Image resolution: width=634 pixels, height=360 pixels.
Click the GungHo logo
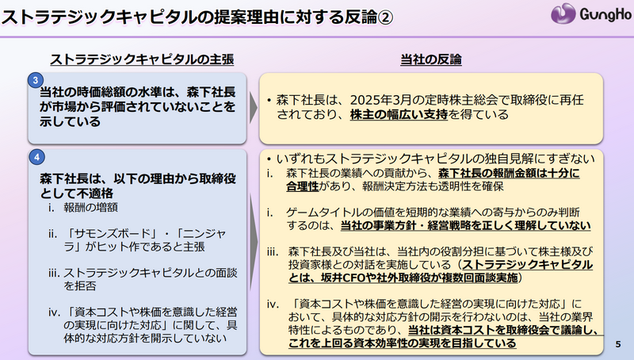pos(590,13)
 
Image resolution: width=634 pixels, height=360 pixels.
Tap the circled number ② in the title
pos(385,17)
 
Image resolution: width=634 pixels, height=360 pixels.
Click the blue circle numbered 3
pos(36,81)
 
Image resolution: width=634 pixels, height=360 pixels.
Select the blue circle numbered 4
pos(36,157)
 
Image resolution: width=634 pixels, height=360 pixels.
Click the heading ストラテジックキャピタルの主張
pos(142,59)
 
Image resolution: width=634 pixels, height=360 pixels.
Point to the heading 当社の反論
pos(431,59)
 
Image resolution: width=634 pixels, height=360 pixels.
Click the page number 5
pos(618,344)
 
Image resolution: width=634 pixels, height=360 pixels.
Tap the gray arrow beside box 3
pos(253,108)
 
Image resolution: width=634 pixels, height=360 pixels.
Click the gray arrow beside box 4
pos(253,242)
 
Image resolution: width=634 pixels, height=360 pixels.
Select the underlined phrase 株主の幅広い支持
pos(399,114)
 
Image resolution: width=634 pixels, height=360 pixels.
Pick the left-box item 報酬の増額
pos(90,208)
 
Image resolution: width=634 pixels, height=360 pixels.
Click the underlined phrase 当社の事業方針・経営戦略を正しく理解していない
pos(465,225)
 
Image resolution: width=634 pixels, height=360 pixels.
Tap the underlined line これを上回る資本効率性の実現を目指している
pos(403,343)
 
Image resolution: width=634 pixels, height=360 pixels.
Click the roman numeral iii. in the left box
pos(54,273)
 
